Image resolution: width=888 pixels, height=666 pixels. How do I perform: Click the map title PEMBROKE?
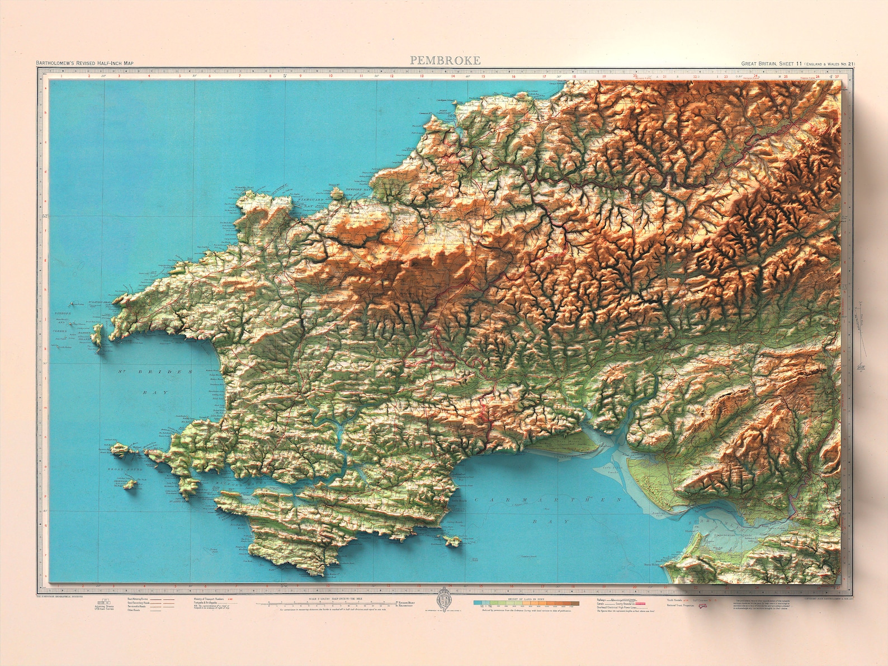[445, 60]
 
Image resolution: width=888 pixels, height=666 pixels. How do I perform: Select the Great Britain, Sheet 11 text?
[772, 64]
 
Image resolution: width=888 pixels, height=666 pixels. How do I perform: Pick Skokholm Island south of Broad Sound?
[130, 484]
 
